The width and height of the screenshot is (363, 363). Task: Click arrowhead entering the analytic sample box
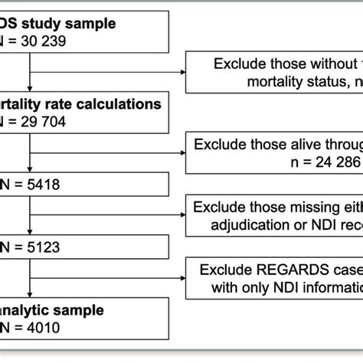(x=28, y=296)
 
